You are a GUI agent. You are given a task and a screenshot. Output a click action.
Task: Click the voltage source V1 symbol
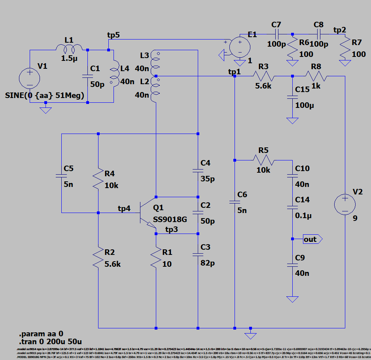pyautogui.click(x=30, y=77)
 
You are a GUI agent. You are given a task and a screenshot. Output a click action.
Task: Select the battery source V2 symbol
pyautogui.click(x=345, y=205)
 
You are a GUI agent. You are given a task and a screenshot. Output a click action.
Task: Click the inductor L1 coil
pyautogui.click(x=69, y=49)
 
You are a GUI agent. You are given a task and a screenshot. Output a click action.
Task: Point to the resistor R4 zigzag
pyautogui.click(x=98, y=179)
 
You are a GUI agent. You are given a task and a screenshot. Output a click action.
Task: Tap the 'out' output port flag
pyautogui.click(x=312, y=239)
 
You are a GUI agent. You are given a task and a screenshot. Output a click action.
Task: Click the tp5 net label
pyautogui.click(x=114, y=35)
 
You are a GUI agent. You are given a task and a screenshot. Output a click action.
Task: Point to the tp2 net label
pyautogui.click(x=339, y=30)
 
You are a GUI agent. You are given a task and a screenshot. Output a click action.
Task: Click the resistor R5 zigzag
pyautogui.click(x=263, y=160)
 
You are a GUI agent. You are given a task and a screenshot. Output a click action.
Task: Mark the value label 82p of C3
pyautogui.click(x=207, y=263)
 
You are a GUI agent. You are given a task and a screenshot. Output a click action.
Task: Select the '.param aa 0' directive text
pyautogui.click(x=41, y=333)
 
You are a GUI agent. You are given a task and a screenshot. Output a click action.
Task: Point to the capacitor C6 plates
pyautogui.click(x=235, y=202)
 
